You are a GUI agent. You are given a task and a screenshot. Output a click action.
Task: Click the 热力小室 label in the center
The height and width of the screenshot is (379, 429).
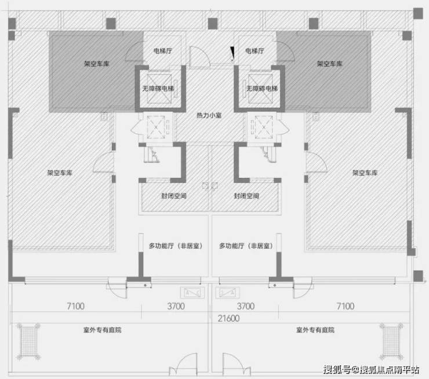click(x=209, y=115)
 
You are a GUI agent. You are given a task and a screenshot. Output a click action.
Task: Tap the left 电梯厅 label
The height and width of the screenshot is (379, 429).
click(x=163, y=51)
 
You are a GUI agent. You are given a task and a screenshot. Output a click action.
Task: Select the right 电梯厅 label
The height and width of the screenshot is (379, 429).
click(x=255, y=51)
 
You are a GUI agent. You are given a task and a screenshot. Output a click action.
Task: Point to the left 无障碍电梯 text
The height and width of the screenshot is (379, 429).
click(x=158, y=88)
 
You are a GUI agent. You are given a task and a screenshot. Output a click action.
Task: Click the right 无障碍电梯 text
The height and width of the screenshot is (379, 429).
click(x=262, y=88)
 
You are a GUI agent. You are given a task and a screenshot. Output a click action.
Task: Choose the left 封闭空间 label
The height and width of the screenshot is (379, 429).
click(x=174, y=196)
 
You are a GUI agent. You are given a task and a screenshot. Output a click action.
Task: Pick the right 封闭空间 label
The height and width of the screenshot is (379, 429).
click(x=246, y=196)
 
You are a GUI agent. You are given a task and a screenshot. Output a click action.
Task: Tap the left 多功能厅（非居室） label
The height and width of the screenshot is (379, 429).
click(x=176, y=246)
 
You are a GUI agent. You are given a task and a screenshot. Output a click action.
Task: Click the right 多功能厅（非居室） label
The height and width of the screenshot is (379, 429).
click(x=246, y=246)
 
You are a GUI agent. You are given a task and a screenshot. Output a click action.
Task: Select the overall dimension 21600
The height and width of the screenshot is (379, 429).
click(x=229, y=318)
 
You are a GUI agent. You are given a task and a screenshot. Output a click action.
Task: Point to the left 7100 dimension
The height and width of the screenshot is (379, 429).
click(x=76, y=306)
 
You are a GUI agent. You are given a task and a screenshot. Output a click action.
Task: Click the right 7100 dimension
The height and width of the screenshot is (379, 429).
click(x=346, y=306)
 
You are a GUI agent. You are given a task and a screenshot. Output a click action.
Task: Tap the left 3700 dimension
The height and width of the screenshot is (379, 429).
click(x=176, y=306)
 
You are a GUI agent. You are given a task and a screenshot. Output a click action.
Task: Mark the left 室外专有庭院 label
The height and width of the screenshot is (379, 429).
click(x=103, y=330)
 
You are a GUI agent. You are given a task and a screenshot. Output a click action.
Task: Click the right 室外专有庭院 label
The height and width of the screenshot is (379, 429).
click(x=315, y=330)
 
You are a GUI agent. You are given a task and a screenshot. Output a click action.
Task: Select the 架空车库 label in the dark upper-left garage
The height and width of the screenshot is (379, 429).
click(x=97, y=64)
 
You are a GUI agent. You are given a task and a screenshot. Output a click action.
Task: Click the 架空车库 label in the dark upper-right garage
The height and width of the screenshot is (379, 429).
click(x=329, y=64)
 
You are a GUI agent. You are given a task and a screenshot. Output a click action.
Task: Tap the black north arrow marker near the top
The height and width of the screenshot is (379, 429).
click(x=232, y=53)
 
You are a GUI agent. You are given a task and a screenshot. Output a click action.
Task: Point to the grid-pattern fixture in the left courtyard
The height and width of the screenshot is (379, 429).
click(x=28, y=341)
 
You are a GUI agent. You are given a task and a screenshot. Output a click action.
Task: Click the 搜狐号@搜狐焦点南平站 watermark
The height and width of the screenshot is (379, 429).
click(x=371, y=369)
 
